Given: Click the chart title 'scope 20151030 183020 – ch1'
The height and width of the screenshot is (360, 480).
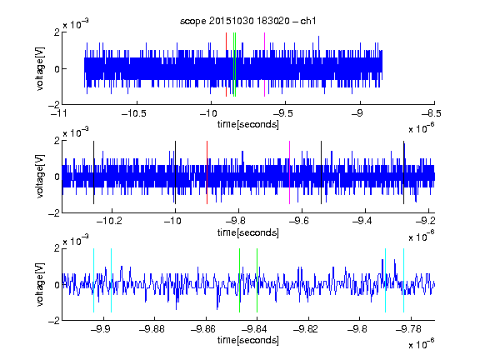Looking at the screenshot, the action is tap(247, 21).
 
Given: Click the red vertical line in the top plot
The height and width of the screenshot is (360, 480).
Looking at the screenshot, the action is tap(226, 65).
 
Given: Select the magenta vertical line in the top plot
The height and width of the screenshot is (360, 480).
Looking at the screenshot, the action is tap(264, 65).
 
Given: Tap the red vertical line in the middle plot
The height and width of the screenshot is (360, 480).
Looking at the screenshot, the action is tap(207, 172).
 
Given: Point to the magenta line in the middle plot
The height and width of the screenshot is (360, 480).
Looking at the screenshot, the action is tap(289, 172).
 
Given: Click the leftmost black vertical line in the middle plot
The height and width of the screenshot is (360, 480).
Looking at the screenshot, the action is tap(93, 172).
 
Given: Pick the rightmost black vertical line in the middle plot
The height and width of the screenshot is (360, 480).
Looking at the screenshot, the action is tap(403, 172).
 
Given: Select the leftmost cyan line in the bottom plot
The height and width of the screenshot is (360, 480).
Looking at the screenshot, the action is tap(93, 280).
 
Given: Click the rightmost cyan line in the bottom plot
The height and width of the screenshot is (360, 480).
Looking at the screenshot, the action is tap(403, 280).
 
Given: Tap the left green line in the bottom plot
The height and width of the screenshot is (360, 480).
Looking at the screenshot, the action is tap(239, 280).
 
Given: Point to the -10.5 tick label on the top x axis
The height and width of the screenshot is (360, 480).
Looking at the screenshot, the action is tap(134, 113).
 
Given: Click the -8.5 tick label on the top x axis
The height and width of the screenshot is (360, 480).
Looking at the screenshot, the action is tap(432, 113).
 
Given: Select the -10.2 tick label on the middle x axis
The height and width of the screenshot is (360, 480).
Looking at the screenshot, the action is tap(109, 221).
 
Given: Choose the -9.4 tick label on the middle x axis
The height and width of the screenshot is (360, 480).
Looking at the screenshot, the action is tap(362, 221).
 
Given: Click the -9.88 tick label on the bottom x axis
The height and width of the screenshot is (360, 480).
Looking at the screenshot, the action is tap(152, 329).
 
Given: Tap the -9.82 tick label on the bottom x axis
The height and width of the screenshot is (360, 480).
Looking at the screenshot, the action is tap(306, 329).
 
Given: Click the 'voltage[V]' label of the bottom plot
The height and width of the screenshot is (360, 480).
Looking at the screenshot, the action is tap(40, 284).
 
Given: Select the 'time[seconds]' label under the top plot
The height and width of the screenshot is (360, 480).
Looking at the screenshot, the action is tap(248, 124).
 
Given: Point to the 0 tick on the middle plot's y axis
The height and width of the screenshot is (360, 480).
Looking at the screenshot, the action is tap(57, 177).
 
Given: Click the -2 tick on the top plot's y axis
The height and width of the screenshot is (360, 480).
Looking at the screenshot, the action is tap(54, 105).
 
